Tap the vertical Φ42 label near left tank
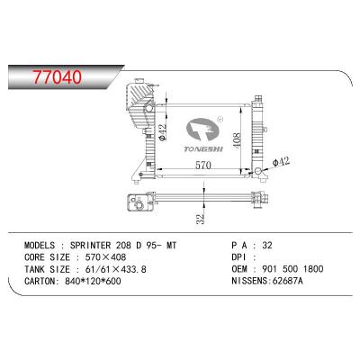click(162, 131)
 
